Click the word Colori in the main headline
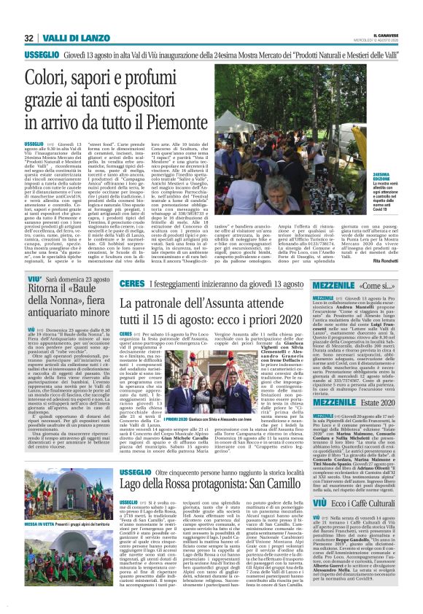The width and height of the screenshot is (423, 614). [48, 76]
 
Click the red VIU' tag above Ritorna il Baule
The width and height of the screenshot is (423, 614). [34, 278]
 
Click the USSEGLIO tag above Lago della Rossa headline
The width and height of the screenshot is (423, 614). [138, 472]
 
